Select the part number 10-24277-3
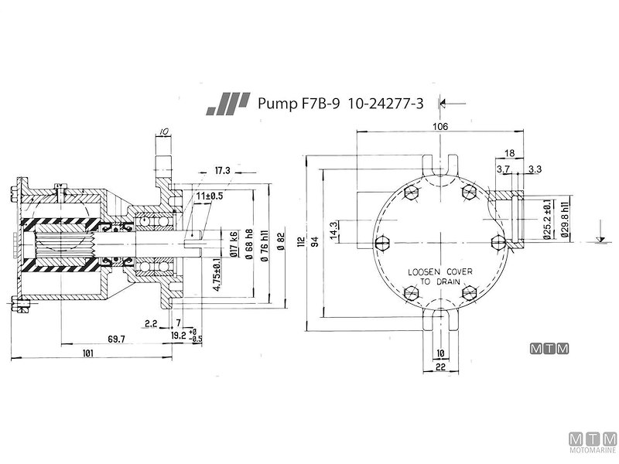[385, 103]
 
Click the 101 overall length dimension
[87, 353]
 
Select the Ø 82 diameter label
[281, 241]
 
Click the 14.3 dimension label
[334, 231]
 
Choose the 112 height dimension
[301, 241]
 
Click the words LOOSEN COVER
[439, 272]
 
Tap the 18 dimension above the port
[509, 154]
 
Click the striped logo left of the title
[229, 104]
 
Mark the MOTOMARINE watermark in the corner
[592, 445]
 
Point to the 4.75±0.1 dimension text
[217, 275]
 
